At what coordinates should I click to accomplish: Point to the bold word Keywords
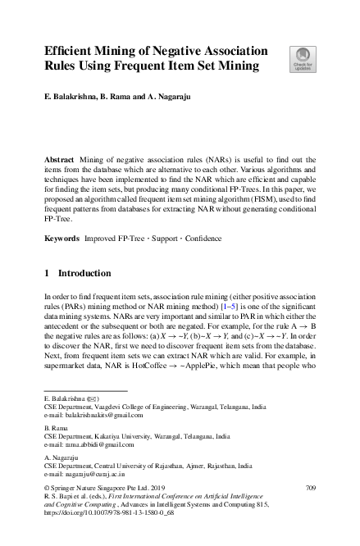pos(62,237)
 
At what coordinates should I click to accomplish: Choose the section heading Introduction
pos(80,272)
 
